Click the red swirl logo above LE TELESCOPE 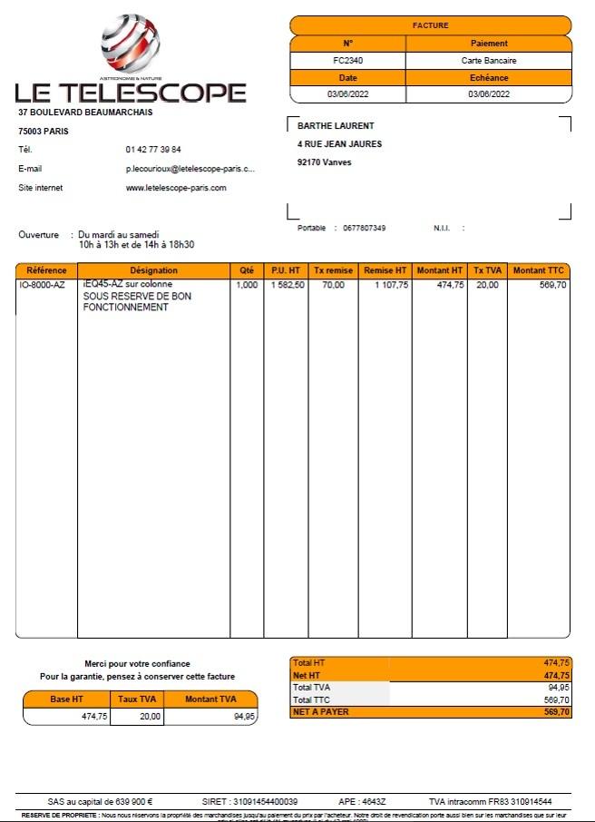[131, 46]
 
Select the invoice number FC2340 [348, 60]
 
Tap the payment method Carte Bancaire [490, 60]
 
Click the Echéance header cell [490, 77]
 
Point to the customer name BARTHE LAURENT [336, 126]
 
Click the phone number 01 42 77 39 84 [153, 149]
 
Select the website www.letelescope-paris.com [176, 188]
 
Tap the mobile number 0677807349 [365, 228]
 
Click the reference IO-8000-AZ [42, 285]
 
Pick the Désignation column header [154, 270]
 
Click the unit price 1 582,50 [285, 285]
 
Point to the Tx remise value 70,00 [333, 285]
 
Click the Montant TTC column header [540, 270]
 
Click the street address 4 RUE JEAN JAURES [339, 144]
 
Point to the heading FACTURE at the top [431, 25]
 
